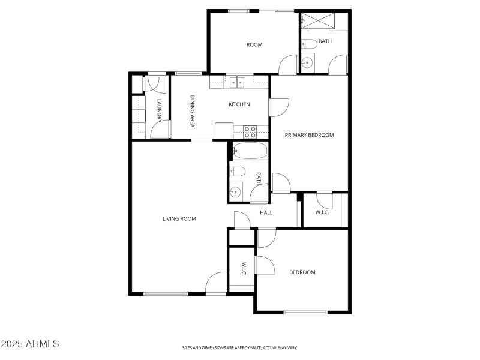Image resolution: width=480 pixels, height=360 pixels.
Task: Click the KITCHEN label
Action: click(x=239, y=104)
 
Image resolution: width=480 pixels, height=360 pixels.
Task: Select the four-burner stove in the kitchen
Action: click(x=250, y=128)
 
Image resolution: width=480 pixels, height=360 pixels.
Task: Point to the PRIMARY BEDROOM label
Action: click(x=309, y=135)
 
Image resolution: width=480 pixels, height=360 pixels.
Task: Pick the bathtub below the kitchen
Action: click(x=249, y=151)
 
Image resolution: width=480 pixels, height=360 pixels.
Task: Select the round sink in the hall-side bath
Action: click(x=235, y=192)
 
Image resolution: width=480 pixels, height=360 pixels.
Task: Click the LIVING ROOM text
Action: click(x=179, y=219)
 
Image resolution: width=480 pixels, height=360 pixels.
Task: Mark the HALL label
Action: click(x=266, y=212)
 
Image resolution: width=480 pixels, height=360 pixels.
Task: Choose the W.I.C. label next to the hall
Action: click(x=322, y=212)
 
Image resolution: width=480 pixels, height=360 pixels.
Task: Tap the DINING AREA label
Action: click(x=193, y=111)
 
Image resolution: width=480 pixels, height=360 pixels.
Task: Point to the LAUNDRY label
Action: click(x=159, y=111)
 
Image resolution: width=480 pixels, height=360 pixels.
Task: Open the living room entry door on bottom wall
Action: click(x=216, y=284)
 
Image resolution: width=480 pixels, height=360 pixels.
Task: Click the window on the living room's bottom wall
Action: click(x=166, y=293)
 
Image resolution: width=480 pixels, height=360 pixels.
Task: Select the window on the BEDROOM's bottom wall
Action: click(x=305, y=312)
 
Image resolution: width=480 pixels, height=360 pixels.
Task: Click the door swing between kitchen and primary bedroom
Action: click(x=279, y=107)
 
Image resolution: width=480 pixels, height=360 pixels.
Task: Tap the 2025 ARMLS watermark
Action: click(x=30, y=344)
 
